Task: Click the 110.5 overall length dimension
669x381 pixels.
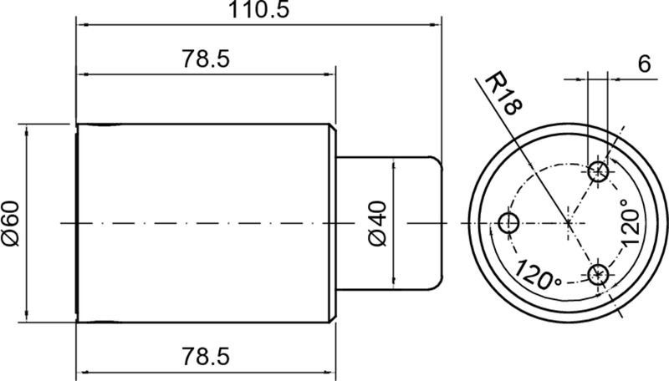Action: [x=259, y=9]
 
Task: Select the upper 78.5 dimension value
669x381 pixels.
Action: [x=206, y=58]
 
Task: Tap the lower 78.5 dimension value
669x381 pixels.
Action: [x=206, y=356]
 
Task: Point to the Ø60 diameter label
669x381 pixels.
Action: [x=11, y=223]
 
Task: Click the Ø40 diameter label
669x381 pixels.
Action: [x=378, y=223]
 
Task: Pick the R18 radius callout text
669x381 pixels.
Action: [x=503, y=94]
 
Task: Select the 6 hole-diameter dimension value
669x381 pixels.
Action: [x=644, y=64]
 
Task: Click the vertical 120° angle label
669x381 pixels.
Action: [x=631, y=223]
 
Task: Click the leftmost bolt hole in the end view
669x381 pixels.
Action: [x=508, y=223]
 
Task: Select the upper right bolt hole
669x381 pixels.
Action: [x=598, y=172]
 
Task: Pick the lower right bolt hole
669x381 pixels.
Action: [x=598, y=274]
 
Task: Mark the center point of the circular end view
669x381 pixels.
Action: [x=569, y=223]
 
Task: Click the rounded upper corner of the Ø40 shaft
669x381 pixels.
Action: [x=437, y=162]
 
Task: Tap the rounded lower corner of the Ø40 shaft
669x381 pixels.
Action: [x=437, y=284]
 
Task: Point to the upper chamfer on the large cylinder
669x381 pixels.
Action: [x=333, y=129]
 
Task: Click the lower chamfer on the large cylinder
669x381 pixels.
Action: [x=333, y=317]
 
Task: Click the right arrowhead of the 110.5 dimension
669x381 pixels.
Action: [x=435, y=25]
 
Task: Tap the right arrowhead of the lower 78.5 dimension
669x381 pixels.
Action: [x=329, y=373]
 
